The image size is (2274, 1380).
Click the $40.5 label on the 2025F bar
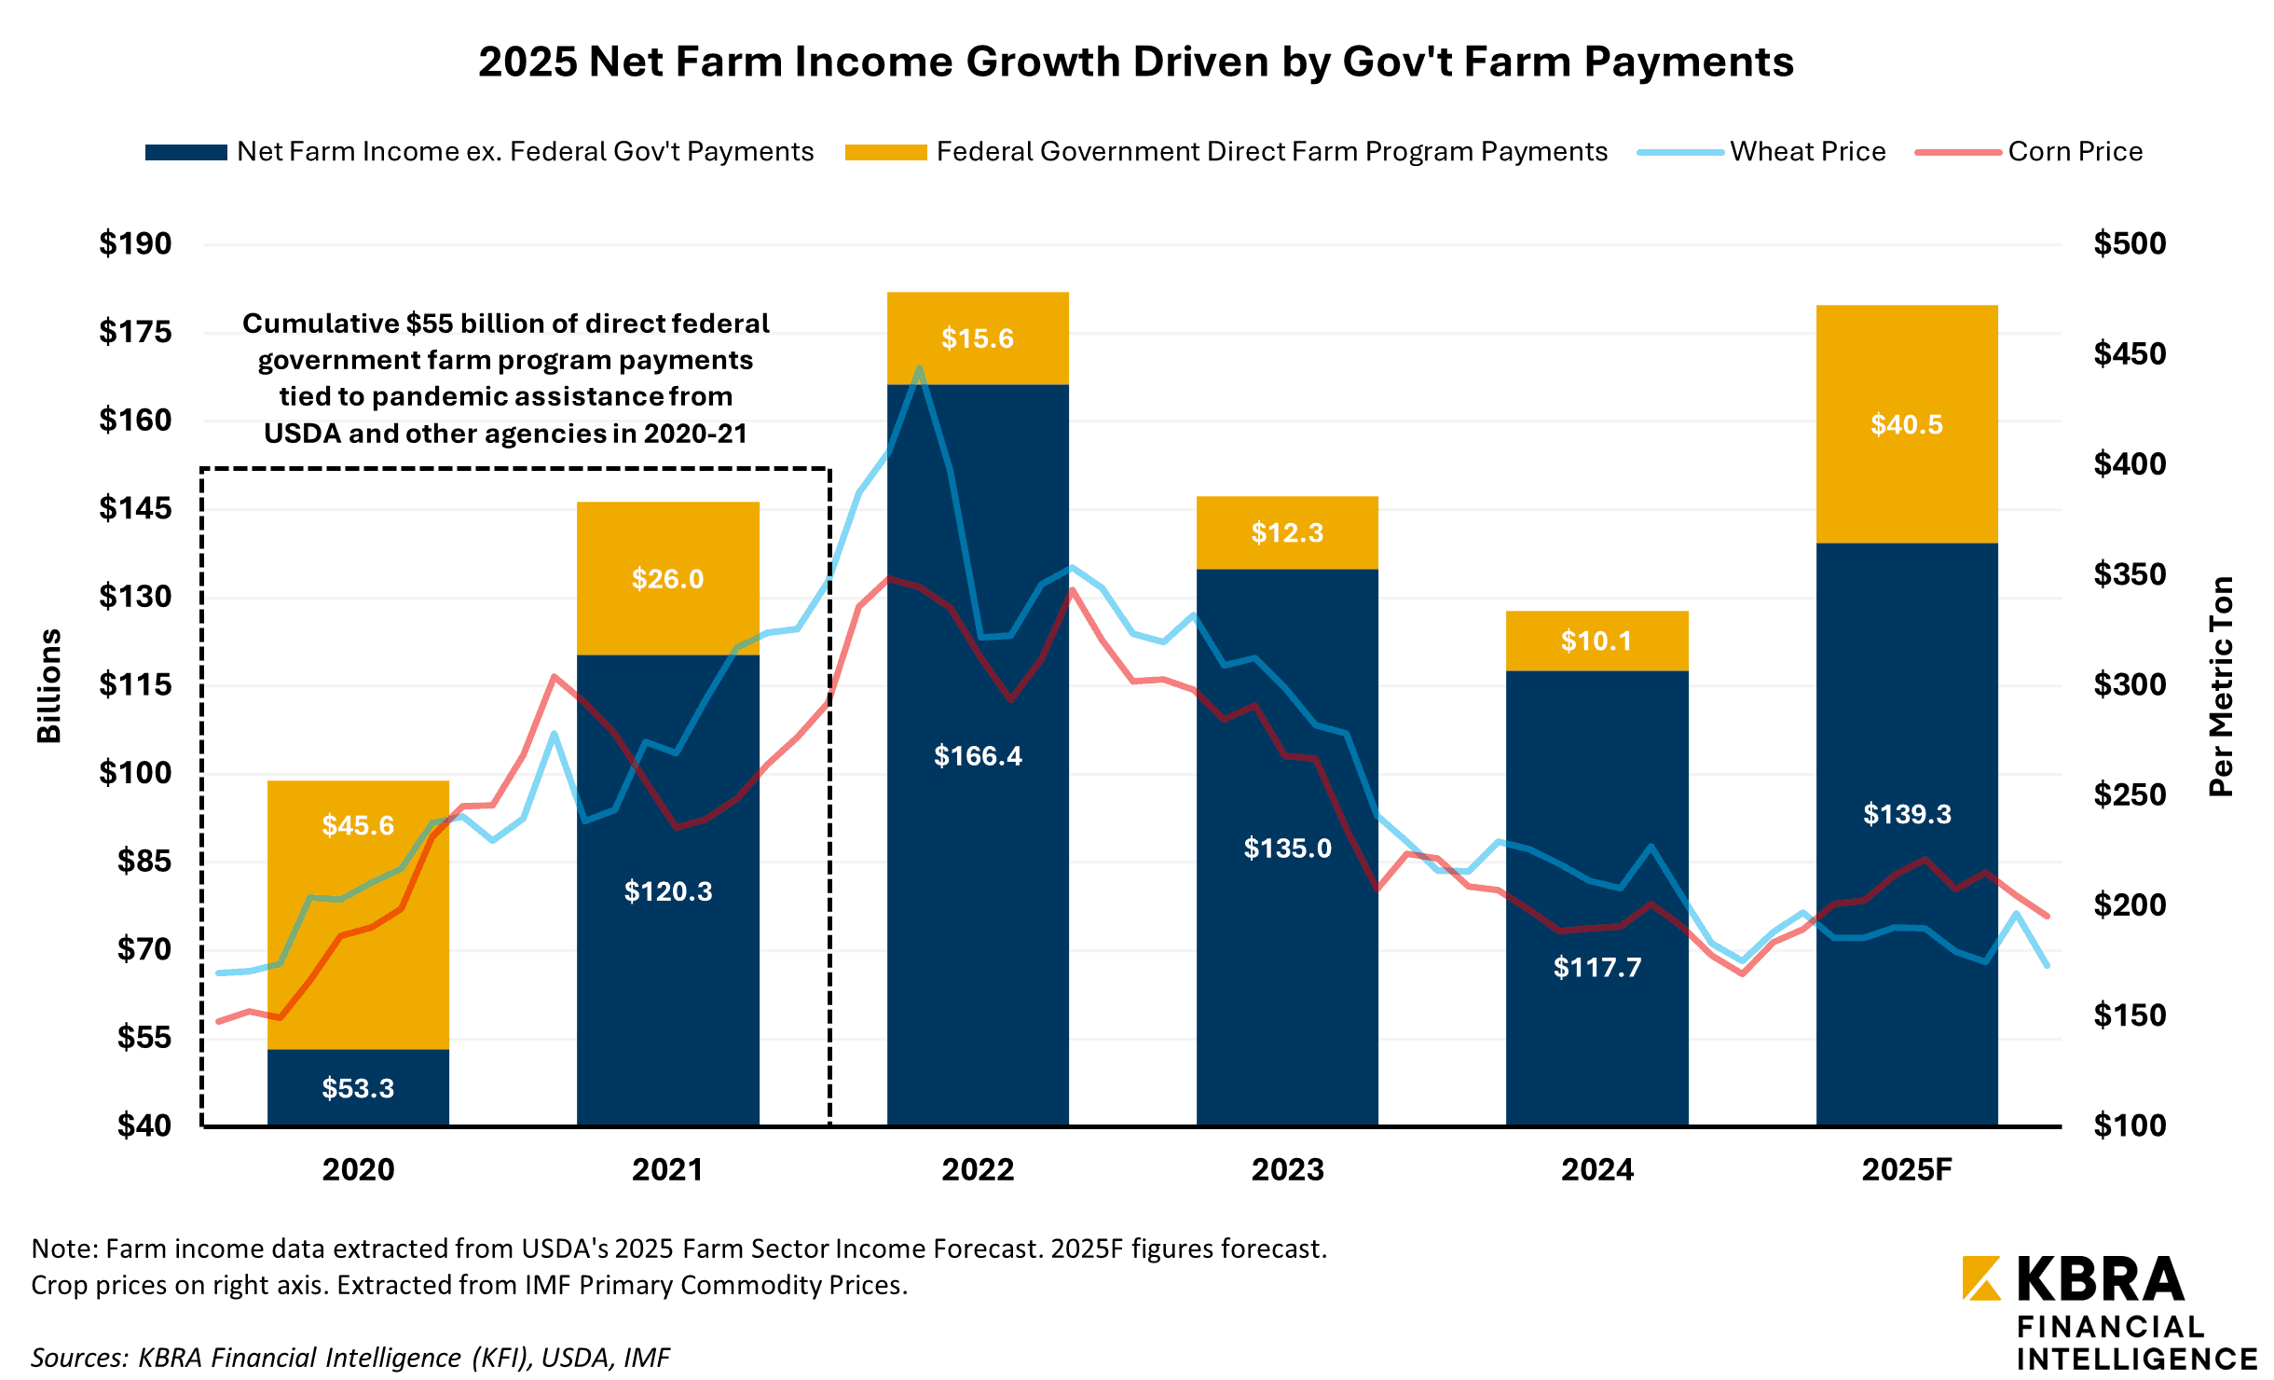pyautogui.click(x=1907, y=425)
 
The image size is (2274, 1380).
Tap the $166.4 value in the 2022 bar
pyautogui.click(x=978, y=756)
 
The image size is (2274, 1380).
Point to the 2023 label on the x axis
pyautogui.click(x=1287, y=1169)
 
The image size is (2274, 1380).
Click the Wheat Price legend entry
pyautogui.click(x=1807, y=152)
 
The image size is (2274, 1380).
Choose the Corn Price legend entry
pyautogui.click(x=2075, y=152)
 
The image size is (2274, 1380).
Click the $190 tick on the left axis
pyautogui.click(x=136, y=244)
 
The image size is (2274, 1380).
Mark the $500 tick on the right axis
pyautogui.click(x=2130, y=244)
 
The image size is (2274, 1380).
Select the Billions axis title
pyautogui.click(x=48, y=685)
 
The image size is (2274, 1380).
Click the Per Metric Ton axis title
pyautogui.click(x=2221, y=685)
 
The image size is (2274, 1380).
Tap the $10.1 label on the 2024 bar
pyautogui.click(x=1596, y=642)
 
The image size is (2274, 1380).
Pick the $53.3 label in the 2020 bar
pyautogui.click(x=358, y=1088)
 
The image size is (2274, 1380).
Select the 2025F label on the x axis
pyautogui.click(x=1907, y=1169)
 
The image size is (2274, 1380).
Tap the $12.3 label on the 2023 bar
pyautogui.click(x=1287, y=533)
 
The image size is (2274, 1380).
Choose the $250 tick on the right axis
pyautogui.click(x=2130, y=795)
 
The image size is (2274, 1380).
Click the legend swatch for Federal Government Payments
pyautogui.click(x=885, y=153)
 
